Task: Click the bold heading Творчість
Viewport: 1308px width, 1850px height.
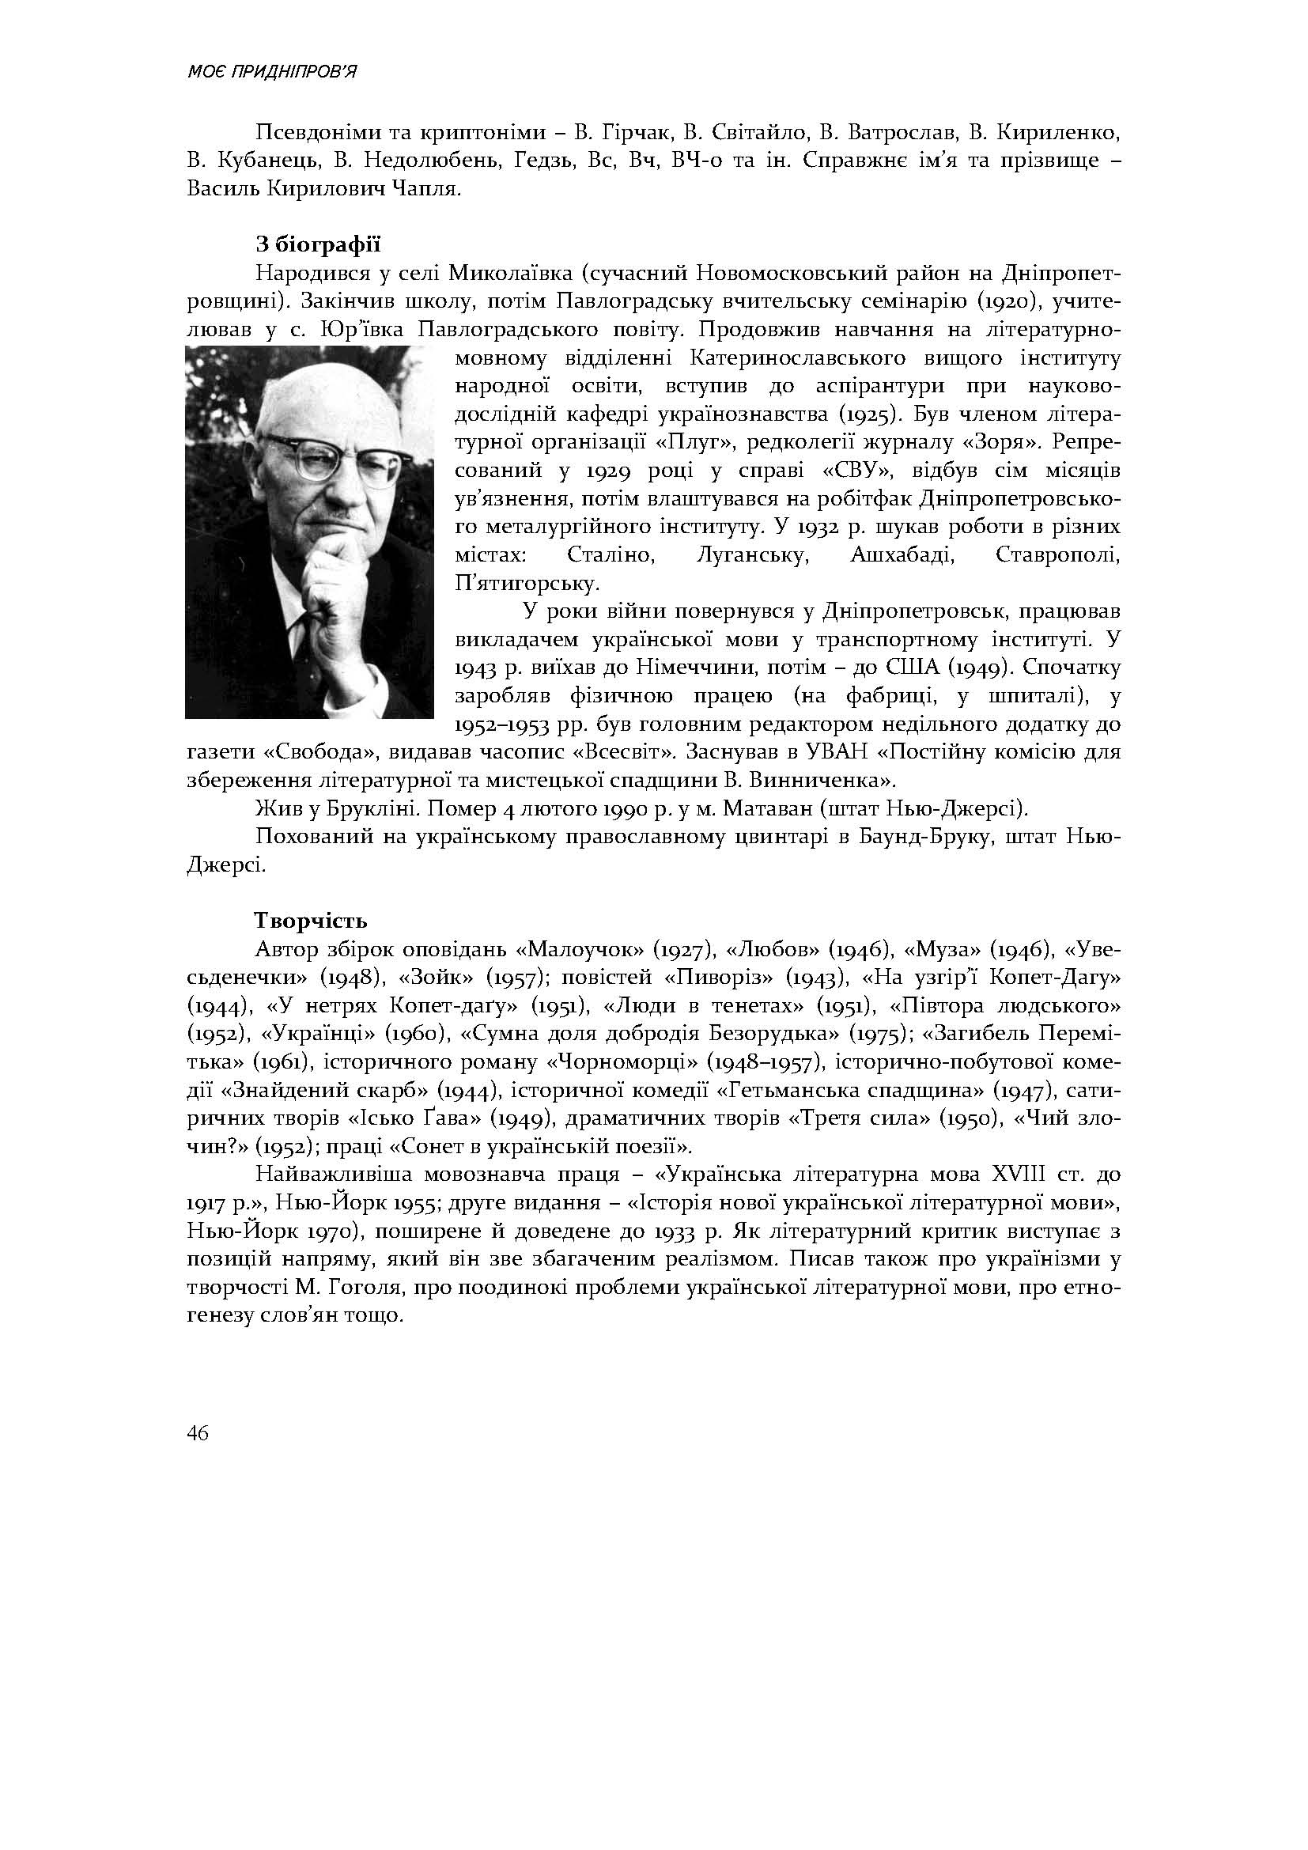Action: pos(311,920)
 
